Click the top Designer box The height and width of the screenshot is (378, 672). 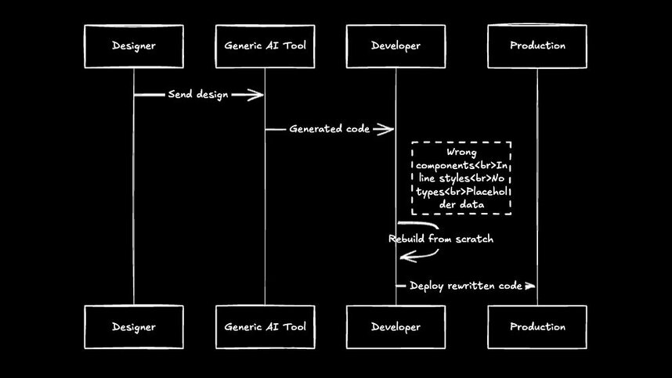point(133,46)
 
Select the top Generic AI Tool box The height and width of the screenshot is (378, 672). point(265,46)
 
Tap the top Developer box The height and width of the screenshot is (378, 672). point(396,46)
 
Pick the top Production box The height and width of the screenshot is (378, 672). point(537,46)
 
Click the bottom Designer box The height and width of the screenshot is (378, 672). point(133,327)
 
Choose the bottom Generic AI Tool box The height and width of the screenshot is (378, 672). point(265,327)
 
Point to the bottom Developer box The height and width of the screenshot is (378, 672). point(396,327)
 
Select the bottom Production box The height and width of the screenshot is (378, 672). point(537,327)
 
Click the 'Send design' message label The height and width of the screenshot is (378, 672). point(198,95)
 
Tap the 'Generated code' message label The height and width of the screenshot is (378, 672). point(329,129)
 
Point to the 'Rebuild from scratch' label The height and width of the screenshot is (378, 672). point(441,239)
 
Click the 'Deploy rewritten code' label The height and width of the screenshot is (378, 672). point(465,286)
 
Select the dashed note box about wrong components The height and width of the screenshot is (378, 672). point(462,178)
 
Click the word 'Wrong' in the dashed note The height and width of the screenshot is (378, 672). point(461,153)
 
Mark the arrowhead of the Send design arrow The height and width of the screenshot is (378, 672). point(256,95)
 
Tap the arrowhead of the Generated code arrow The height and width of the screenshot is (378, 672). point(387,129)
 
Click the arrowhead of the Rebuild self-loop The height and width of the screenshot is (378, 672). point(405,256)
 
